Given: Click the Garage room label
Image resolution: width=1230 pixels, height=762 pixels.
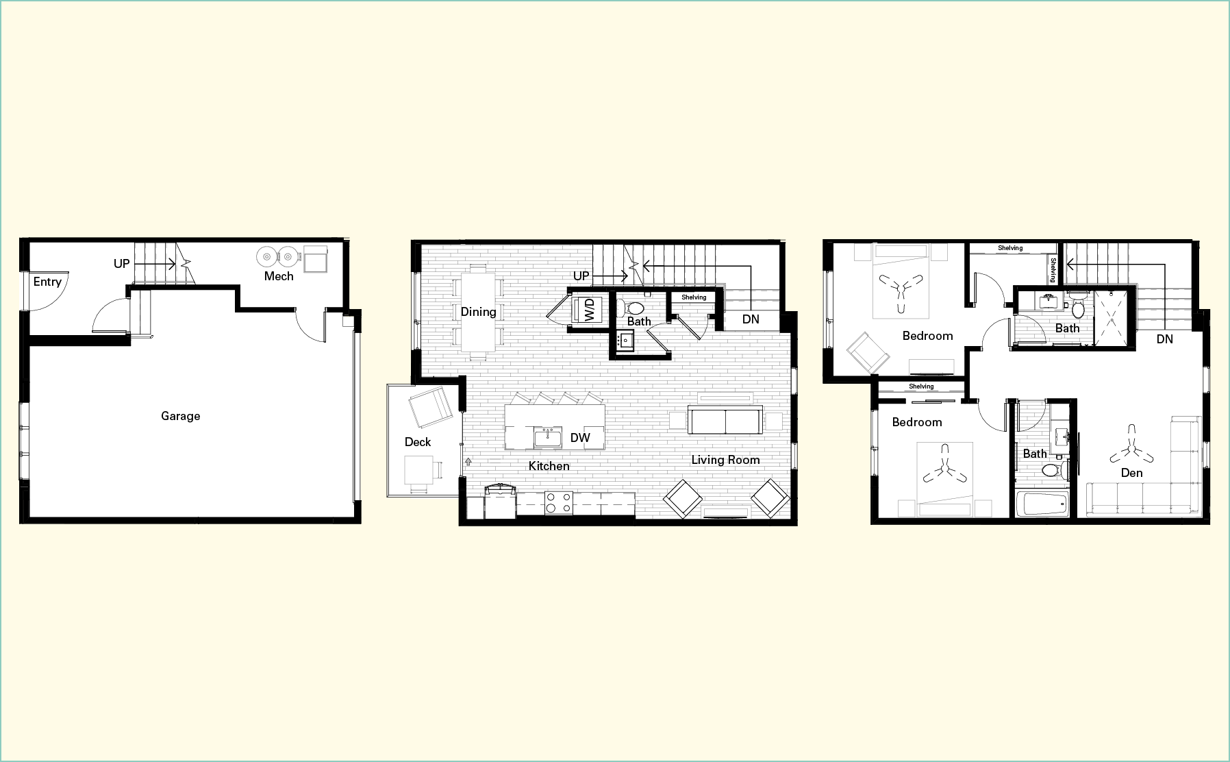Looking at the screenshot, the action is (180, 416).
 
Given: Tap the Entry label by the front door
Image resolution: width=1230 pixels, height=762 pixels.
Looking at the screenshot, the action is (47, 282).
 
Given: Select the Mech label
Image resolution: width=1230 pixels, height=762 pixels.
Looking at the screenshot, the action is (279, 276).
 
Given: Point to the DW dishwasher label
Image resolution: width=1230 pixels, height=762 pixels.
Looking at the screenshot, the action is (580, 438).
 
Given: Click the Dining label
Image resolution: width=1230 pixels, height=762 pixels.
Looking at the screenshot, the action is (478, 312).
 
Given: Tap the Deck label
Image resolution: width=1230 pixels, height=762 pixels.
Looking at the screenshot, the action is (418, 442).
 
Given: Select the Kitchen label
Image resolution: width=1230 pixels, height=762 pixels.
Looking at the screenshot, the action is (549, 466).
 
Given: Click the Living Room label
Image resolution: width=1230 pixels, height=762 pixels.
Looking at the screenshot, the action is (725, 460).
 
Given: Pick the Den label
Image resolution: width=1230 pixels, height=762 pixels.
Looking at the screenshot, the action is (1131, 473).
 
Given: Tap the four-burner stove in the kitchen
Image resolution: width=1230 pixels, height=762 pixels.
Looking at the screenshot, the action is (557, 503).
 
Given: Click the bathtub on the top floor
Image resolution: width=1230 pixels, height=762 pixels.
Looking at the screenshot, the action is (1040, 503).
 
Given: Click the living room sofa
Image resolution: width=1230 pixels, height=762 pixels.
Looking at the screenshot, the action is (725, 421).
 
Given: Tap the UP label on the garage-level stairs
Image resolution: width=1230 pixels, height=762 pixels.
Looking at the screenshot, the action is (122, 263).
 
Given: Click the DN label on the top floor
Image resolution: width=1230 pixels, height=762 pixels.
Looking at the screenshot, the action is (1164, 339).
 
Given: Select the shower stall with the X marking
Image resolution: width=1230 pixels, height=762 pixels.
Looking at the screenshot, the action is (1114, 317).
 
